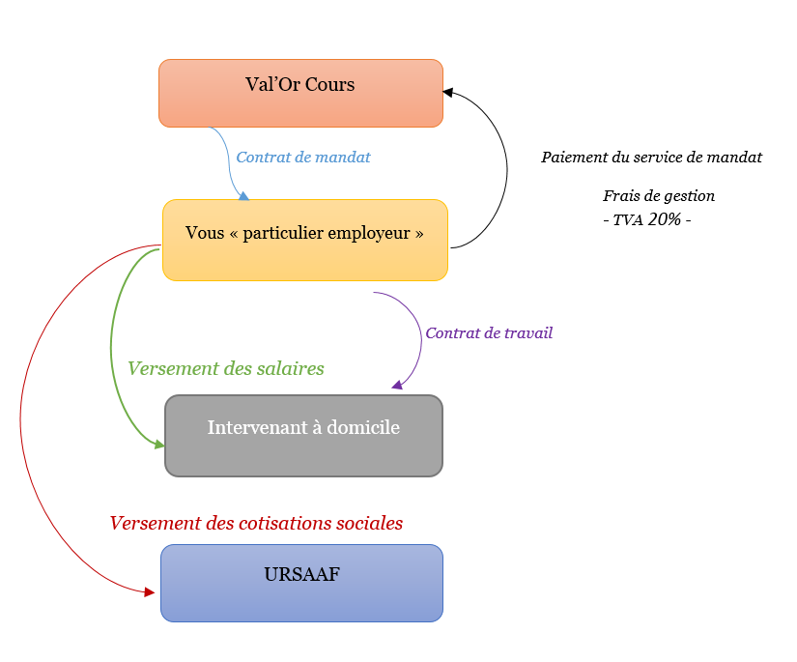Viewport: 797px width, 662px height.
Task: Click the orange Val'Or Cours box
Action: point(300,93)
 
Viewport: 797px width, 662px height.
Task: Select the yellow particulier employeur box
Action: point(305,240)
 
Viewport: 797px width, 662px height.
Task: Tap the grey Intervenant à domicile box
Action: point(304,436)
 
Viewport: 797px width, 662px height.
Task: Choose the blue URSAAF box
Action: point(302,583)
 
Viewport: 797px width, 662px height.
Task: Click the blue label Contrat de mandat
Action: point(303,158)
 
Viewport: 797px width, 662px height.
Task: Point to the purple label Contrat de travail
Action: point(489,333)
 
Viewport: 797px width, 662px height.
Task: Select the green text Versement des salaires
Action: point(226,368)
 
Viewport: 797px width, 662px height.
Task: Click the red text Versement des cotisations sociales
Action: point(256,523)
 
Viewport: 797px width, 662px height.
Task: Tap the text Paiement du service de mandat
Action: point(652,158)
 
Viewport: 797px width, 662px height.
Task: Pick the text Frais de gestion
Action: point(659,196)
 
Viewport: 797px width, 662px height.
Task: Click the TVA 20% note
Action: point(647,219)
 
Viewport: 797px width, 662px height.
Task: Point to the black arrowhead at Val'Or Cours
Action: point(448,92)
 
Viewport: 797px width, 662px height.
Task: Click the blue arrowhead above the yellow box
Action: point(244,196)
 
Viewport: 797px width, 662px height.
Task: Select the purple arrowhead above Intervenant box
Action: point(397,385)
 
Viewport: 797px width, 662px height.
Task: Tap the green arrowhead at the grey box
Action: point(159,445)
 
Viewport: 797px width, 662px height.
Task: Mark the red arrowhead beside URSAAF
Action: point(150,591)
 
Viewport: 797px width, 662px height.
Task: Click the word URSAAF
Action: point(302,574)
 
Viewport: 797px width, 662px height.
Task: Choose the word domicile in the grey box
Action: point(363,427)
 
